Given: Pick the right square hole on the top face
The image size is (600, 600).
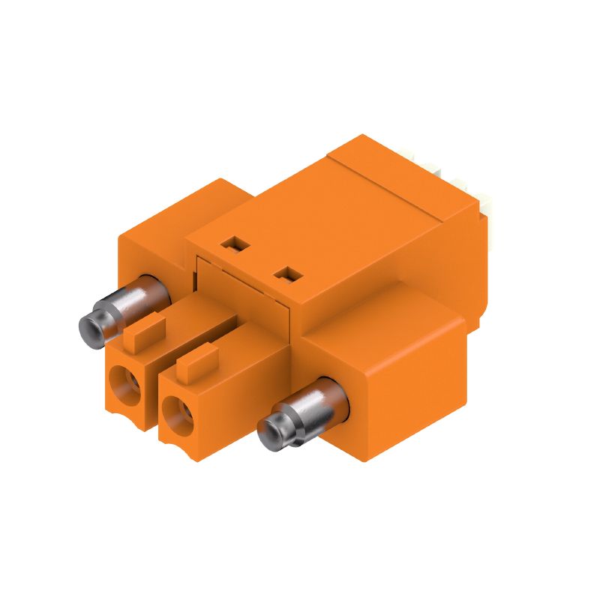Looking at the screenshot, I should (x=286, y=275).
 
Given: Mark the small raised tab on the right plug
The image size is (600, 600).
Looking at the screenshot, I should (x=197, y=361).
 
